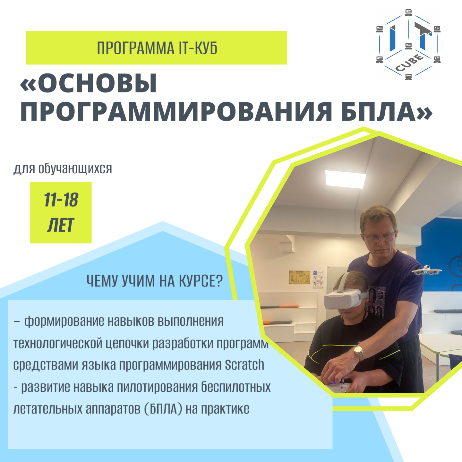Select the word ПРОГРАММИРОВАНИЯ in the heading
click(176, 111)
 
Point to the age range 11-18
click(61, 200)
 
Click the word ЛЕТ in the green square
click(61, 225)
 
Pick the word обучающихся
click(75, 169)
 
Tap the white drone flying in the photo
click(427, 270)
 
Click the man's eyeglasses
click(380, 237)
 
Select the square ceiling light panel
click(345, 179)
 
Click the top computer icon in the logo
click(408, 13)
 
